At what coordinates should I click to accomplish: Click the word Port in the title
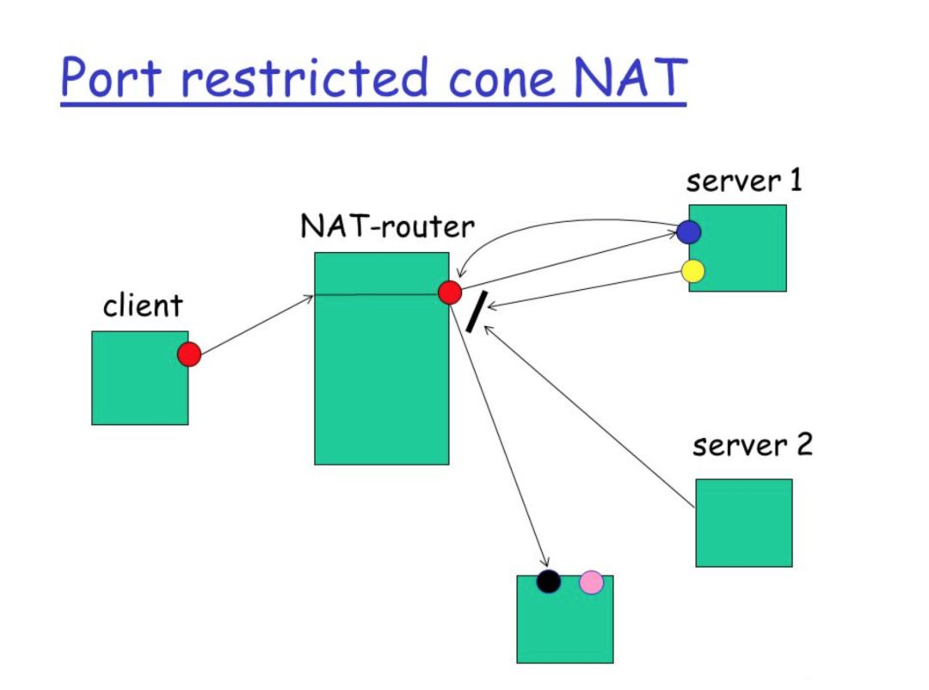pos(111,77)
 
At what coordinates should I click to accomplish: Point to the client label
pos(143,305)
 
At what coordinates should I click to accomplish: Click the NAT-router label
pos(387,226)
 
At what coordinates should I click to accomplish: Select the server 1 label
pos(743,182)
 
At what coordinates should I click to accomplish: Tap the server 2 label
pos(752,446)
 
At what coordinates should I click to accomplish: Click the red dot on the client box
pos(189,354)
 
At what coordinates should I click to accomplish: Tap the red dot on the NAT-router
pos(450,293)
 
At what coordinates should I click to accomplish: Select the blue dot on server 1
pos(688,231)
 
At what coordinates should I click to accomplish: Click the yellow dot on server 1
pos(692,271)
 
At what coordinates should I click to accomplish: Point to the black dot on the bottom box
pos(548,582)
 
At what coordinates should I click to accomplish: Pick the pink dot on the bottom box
pos(591,582)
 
